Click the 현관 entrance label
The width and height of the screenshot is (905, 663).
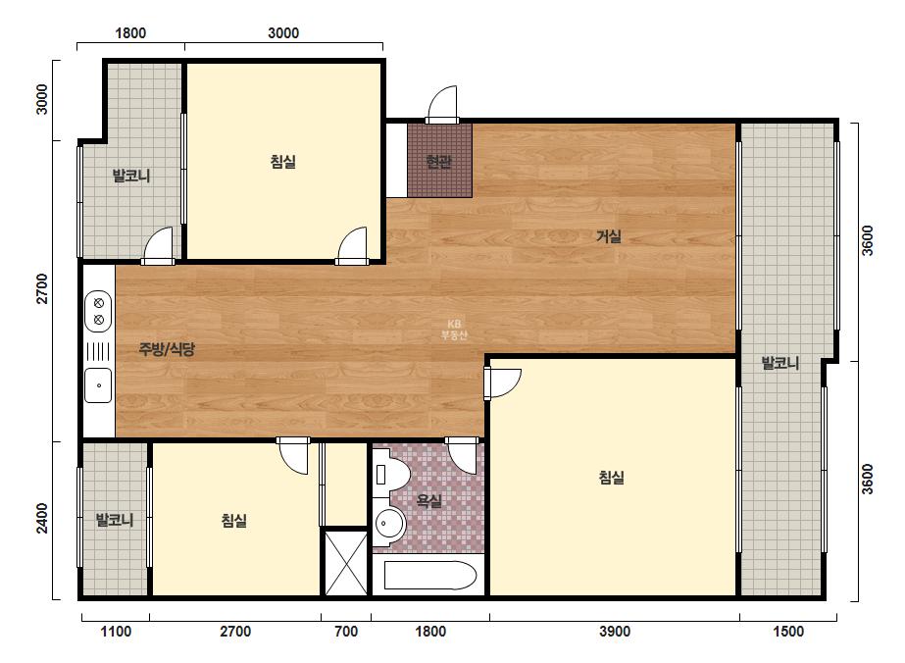point(438,162)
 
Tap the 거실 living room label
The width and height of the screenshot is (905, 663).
point(608,236)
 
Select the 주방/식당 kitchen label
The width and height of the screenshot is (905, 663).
point(167,349)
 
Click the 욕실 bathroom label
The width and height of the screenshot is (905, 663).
point(428,501)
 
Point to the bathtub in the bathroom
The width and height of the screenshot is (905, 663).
point(430,575)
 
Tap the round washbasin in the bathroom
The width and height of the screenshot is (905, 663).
point(388,523)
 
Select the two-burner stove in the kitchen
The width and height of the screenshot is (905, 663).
point(98,311)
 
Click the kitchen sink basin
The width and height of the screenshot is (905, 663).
point(98,385)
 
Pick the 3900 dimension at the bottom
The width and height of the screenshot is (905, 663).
point(614,632)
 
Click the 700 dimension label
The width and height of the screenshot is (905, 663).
point(346,632)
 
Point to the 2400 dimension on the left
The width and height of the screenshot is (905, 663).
point(42,518)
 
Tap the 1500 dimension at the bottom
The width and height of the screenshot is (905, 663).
point(788,632)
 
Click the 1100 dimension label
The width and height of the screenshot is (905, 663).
point(116,632)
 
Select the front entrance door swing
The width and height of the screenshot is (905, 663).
point(442,105)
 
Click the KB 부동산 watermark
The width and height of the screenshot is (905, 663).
point(454,330)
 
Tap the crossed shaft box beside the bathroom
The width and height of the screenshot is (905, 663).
point(345,563)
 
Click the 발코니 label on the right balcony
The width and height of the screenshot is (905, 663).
point(779,363)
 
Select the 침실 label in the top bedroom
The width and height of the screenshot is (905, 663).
point(282,162)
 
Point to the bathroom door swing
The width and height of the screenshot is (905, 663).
point(463,456)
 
